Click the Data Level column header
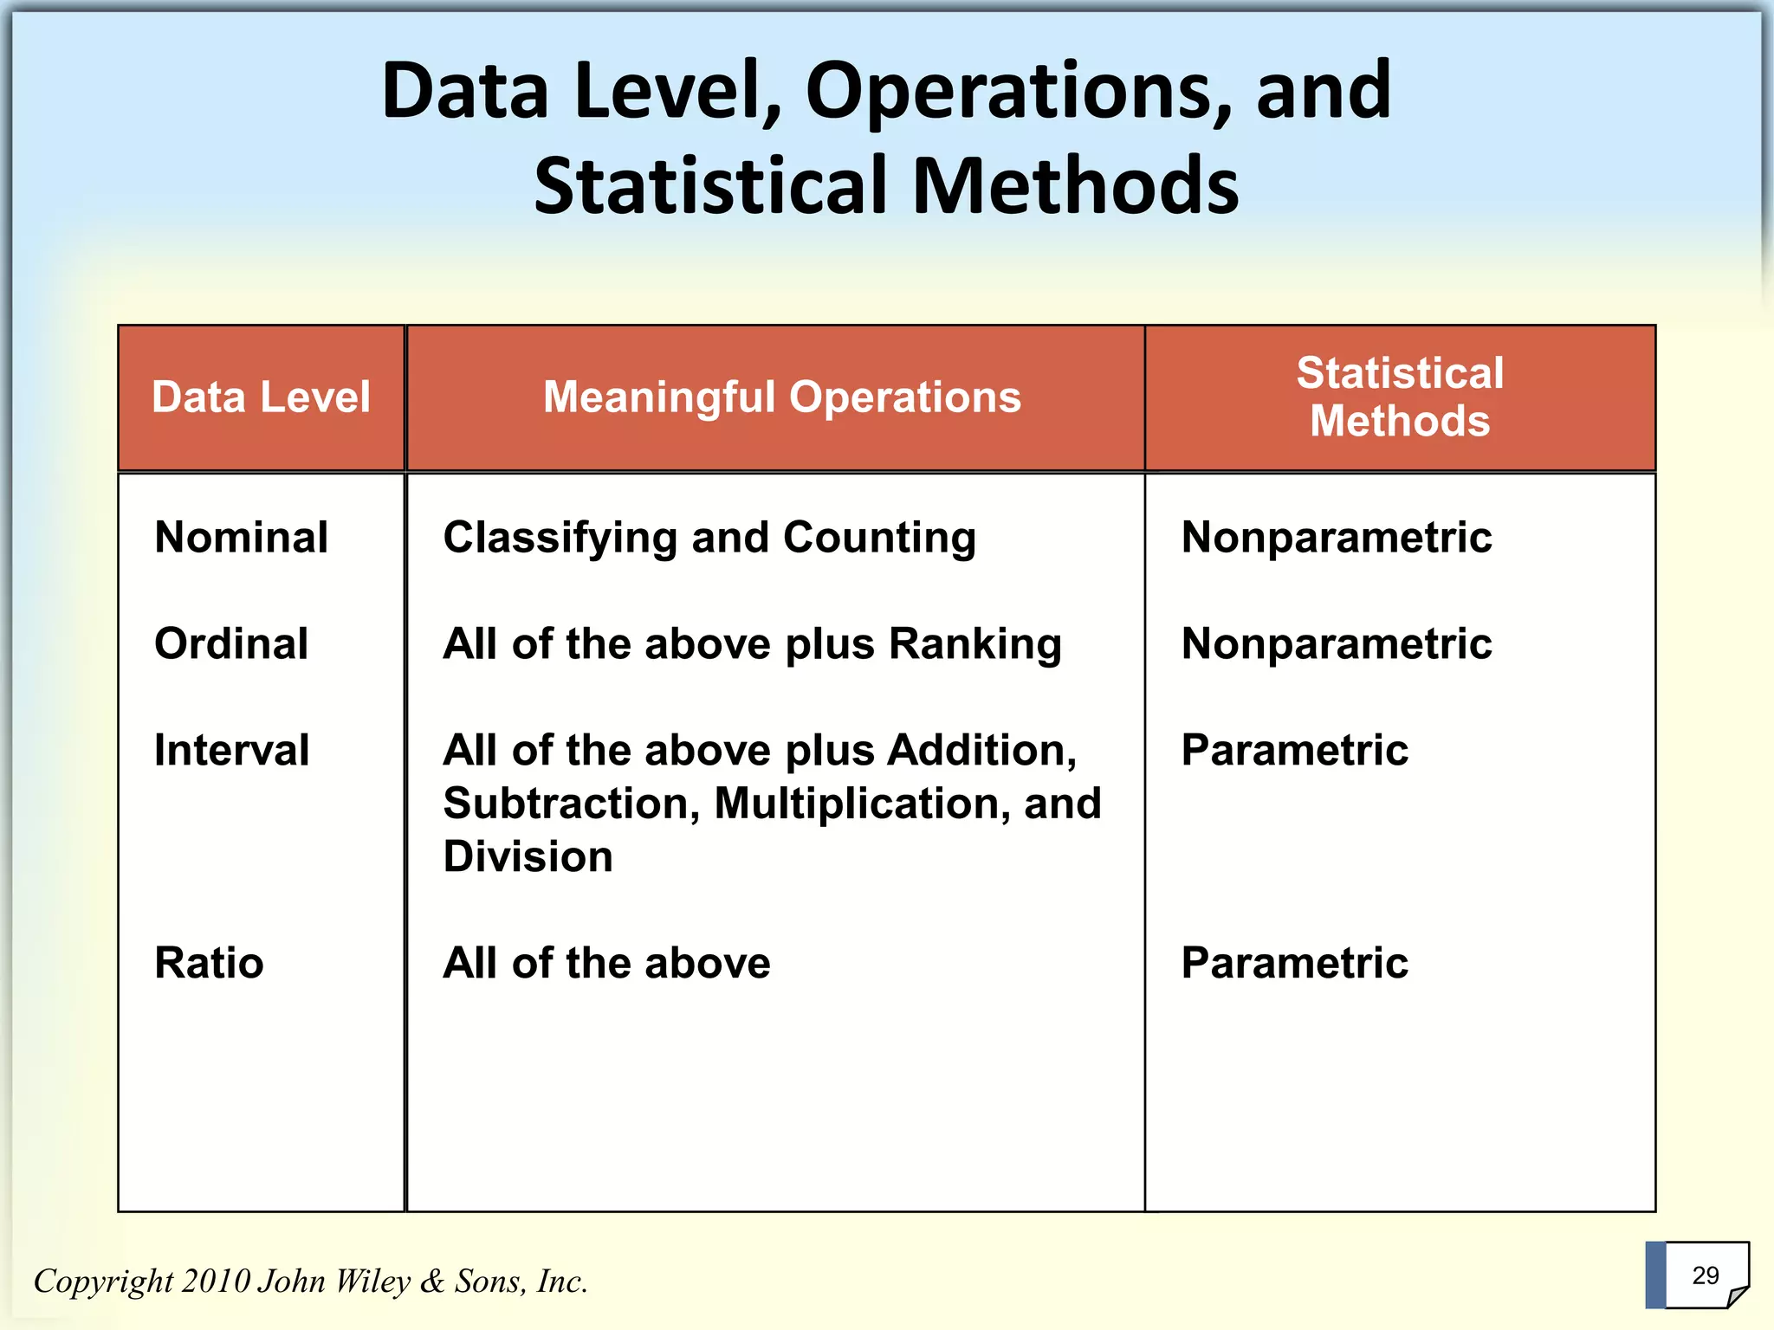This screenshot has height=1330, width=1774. click(x=261, y=397)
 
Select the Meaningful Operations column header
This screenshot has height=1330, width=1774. click(x=781, y=397)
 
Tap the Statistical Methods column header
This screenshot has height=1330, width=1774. click(x=1399, y=397)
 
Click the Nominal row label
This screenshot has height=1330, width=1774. click(x=241, y=537)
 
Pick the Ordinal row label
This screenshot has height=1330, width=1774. click(x=230, y=643)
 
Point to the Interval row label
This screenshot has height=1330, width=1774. click(x=231, y=750)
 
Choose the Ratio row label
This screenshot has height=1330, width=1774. click(x=209, y=963)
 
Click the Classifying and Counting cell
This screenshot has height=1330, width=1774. click(x=709, y=538)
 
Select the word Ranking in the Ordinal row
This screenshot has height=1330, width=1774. click(x=974, y=644)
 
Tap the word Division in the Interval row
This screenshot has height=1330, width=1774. click(x=528, y=857)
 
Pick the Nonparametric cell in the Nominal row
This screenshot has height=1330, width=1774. click(x=1336, y=538)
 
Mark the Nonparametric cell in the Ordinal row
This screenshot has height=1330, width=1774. click(x=1336, y=644)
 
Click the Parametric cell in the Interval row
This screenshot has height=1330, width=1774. click(x=1294, y=750)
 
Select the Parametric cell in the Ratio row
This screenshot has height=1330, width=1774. click(x=1294, y=963)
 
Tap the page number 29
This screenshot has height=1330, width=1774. click(x=1705, y=1275)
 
